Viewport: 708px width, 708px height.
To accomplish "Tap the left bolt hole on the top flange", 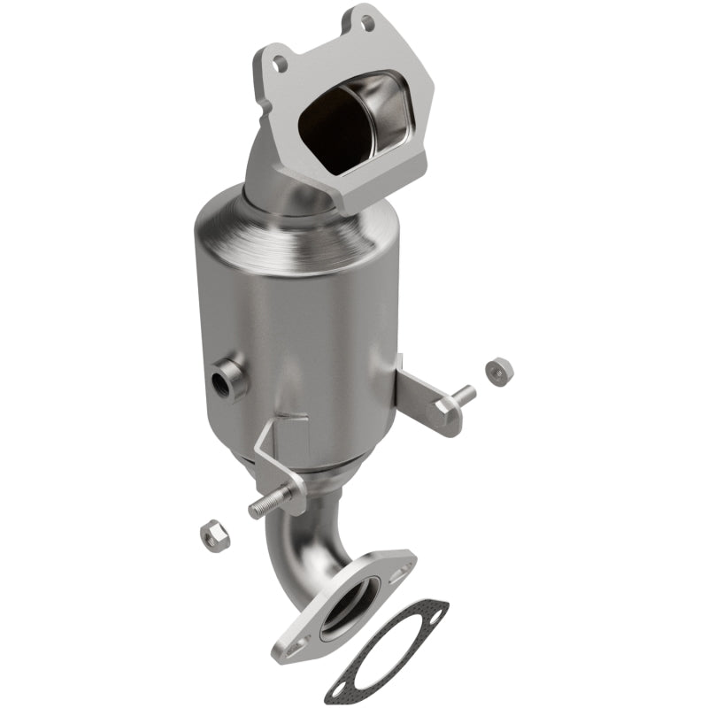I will pos(281,63).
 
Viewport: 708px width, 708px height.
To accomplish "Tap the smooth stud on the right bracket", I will pos(462,395).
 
